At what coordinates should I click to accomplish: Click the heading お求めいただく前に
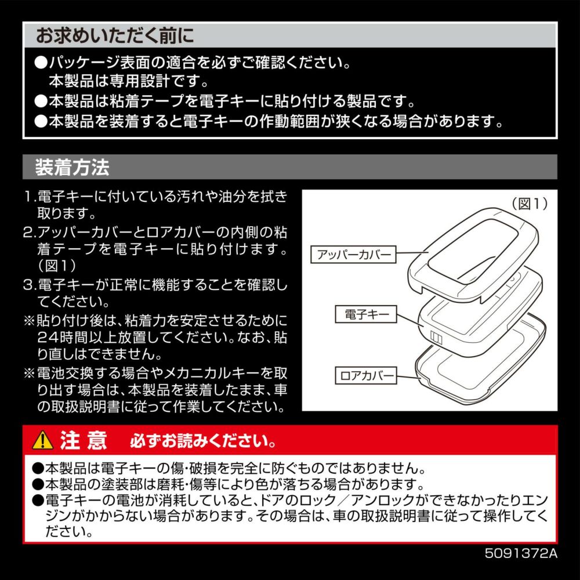point(115,36)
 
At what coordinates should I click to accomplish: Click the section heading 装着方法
point(72,167)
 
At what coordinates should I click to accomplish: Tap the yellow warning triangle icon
point(42,440)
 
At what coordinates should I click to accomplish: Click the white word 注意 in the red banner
point(83,440)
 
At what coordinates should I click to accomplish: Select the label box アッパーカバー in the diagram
point(353,255)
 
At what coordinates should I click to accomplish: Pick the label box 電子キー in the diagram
point(366,314)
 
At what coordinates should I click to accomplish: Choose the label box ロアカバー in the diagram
point(366,375)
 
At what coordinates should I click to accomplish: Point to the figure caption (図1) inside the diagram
point(530,204)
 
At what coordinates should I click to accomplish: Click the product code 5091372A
point(521,553)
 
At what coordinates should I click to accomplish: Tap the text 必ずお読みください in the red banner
point(203,441)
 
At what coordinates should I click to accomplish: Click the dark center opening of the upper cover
point(477,252)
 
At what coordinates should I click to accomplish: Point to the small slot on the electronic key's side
point(437,338)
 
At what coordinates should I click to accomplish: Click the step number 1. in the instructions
point(30,197)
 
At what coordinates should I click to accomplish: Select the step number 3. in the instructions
point(30,285)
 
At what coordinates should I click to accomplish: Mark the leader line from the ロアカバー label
point(409,377)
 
